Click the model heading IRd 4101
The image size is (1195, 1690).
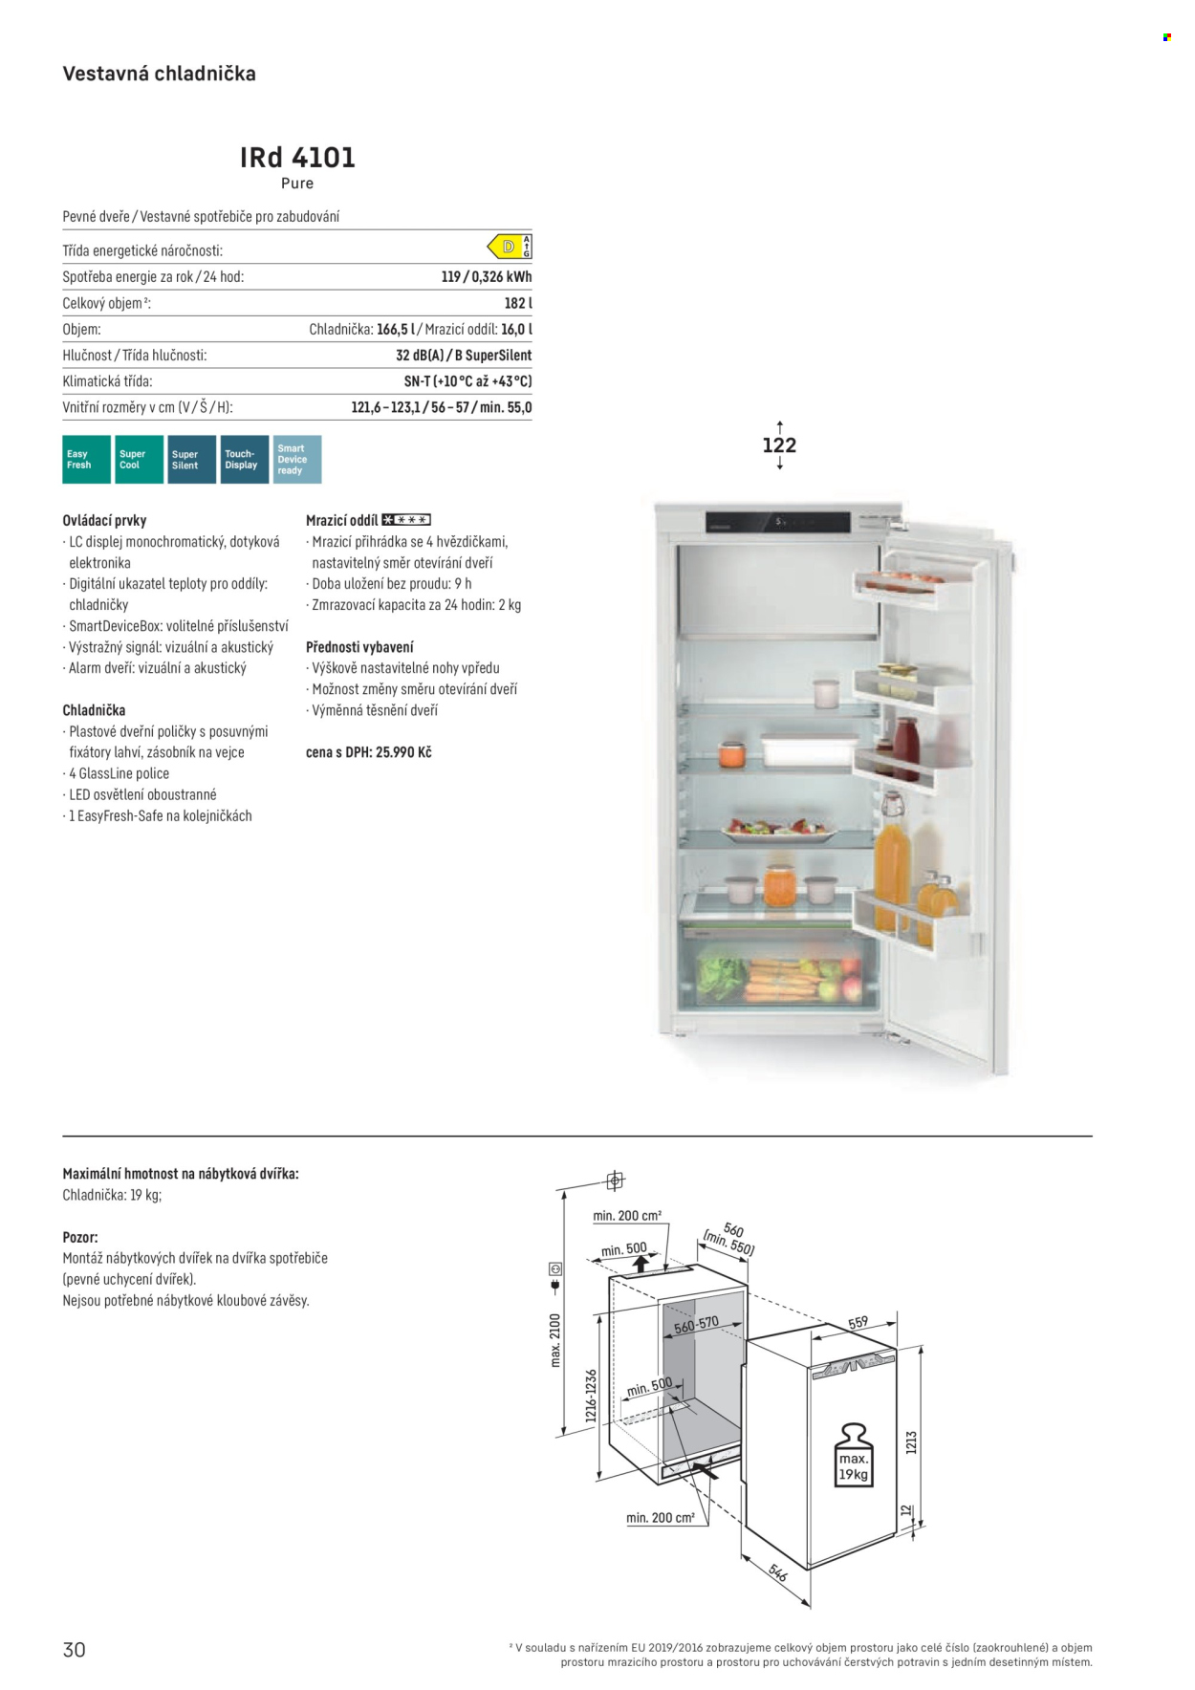pyautogui.click(x=297, y=158)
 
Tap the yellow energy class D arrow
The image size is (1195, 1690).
pyautogui.click(x=505, y=248)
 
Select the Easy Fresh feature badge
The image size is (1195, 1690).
pyautogui.click(x=86, y=460)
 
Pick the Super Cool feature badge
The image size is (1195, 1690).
pyautogui.click(x=139, y=460)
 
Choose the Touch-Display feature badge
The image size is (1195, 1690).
pyautogui.click(x=244, y=460)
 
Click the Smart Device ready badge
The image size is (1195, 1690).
pyautogui.click(x=296, y=460)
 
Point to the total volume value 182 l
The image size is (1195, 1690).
pyautogui.click(x=518, y=303)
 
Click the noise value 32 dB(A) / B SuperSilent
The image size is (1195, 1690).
pyautogui.click(x=464, y=356)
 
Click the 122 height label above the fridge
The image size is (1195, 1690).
pyautogui.click(x=779, y=445)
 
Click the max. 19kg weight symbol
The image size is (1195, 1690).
pyautogui.click(x=853, y=1455)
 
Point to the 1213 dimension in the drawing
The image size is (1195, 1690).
pyautogui.click(x=911, y=1442)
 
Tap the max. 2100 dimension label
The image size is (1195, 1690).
pyautogui.click(x=555, y=1340)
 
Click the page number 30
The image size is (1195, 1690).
pyautogui.click(x=75, y=1650)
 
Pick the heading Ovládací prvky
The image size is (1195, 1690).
pyautogui.click(x=104, y=521)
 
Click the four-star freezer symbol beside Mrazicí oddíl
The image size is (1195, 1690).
pyautogui.click(x=406, y=520)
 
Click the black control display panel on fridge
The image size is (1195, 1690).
pyautogui.click(x=777, y=522)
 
